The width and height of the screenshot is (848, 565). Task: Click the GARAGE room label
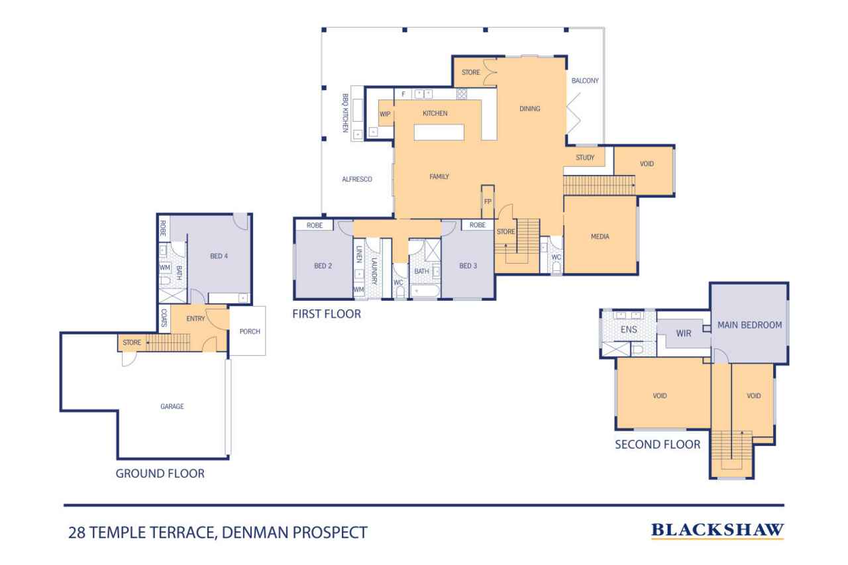pos(172,407)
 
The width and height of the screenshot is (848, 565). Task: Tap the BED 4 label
pos(219,256)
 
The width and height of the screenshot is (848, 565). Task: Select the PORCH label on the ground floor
pos(250,331)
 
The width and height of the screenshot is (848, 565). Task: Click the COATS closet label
pos(164,318)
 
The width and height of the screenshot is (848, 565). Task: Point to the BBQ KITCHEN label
pos(345,113)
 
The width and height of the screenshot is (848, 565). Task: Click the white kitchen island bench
pos(439,132)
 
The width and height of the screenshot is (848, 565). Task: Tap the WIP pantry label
pos(385,114)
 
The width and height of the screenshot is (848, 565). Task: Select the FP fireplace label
pos(488,202)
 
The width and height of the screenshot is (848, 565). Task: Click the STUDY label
pos(585,158)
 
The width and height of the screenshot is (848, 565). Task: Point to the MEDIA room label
pos(600,236)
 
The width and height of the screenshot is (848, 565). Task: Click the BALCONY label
pos(585,81)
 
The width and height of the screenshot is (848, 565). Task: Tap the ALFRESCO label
pos(357,179)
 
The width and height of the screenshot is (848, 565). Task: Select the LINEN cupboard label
pos(359,254)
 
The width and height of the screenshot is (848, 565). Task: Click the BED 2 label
pos(323,266)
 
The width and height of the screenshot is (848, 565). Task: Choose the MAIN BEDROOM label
pos(749,325)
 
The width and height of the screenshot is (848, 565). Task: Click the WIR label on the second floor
pos(684,333)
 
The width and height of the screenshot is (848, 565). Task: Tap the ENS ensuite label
pos(629,330)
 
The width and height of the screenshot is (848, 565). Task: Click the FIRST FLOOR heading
pos(327,314)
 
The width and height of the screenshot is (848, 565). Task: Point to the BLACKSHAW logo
pos(717,531)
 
